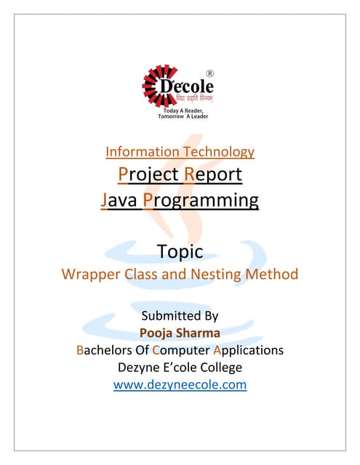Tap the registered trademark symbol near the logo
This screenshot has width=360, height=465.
210,73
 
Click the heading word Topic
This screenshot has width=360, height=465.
180,252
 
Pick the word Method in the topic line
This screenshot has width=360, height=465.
271,275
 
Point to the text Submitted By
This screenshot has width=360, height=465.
180,316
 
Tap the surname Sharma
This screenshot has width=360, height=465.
200,333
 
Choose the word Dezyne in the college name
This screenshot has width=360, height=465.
142,367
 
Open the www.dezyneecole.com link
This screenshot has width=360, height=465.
180,384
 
